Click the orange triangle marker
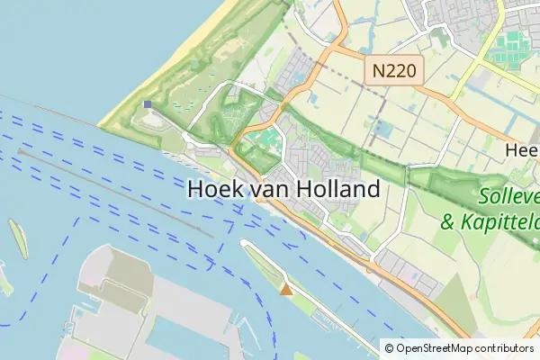[x=286, y=289]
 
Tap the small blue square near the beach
[x=148, y=104]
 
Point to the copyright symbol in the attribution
[x=389, y=348]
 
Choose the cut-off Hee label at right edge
[x=522, y=150]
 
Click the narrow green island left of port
[x=17, y=236]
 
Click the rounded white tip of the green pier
[x=244, y=243]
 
